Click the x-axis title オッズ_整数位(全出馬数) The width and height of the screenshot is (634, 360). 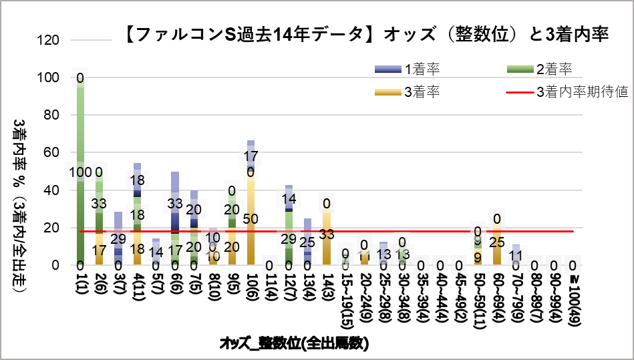click(294, 344)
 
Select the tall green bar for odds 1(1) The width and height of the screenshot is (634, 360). click(80, 174)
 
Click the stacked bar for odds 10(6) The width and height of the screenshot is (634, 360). click(251, 207)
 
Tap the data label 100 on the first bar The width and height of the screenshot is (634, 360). click(80, 172)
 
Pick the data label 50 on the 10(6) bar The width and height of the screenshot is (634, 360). click(251, 219)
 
